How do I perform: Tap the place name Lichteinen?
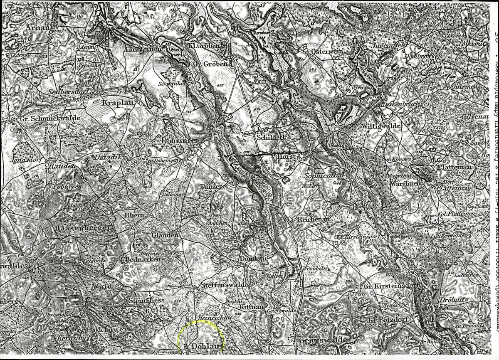pyautogui.click(x=138, y=49)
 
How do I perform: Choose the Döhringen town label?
pyautogui.click(x=176, y=142)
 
